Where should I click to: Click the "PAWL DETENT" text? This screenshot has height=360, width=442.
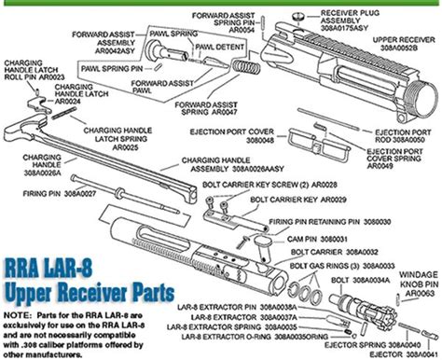click(221, 47)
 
